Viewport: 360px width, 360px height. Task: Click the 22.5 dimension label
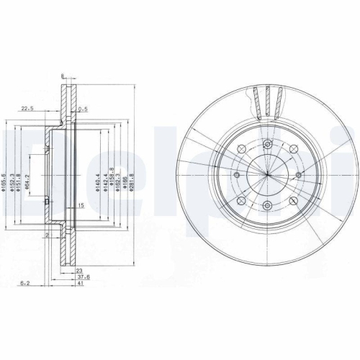28,109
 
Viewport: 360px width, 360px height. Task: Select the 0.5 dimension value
84,109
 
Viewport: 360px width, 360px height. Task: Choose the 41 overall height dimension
82,284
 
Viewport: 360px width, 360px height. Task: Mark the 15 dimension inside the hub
81,206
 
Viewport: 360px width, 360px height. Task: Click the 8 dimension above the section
63,76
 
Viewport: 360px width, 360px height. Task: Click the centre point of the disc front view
266,175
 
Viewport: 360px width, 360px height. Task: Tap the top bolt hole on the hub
266,144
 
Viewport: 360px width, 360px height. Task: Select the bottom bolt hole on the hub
266,206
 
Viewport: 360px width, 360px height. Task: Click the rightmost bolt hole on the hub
297,175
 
